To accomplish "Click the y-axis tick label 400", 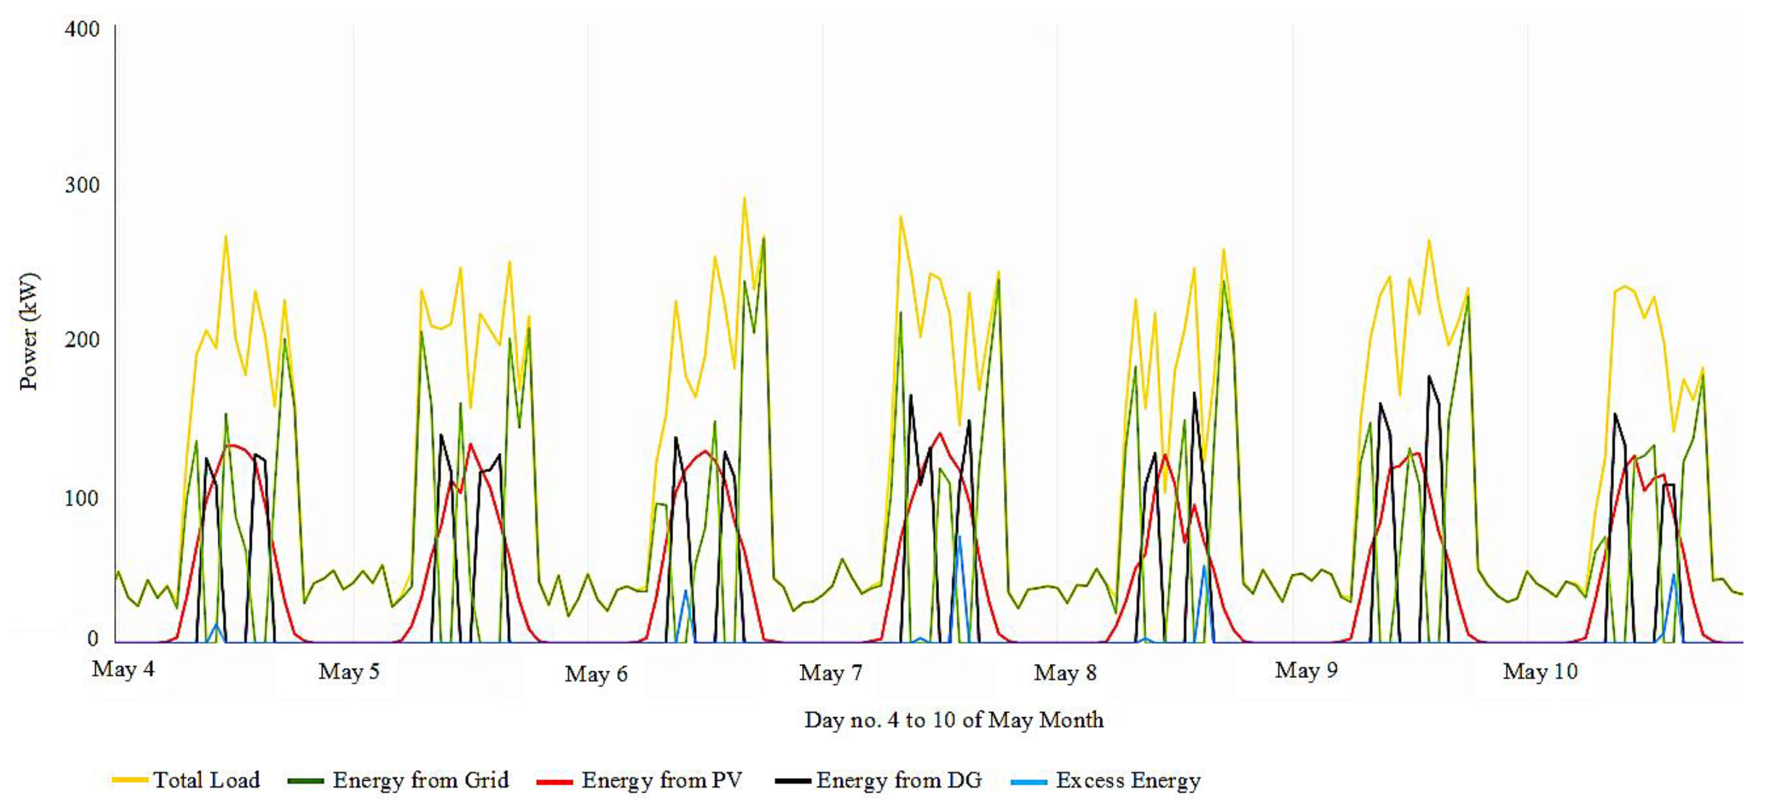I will pos(82,29).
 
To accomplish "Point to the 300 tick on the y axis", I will pos(82,185).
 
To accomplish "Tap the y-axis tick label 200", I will pos(82,340).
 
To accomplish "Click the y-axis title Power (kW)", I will pos(29,332).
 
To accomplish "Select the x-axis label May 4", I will pos(123,669).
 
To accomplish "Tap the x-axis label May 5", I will pos(349,671).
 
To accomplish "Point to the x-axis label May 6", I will pos(596,674).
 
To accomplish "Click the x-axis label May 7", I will pos(831,672).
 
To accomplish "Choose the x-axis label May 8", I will pos(1065,672).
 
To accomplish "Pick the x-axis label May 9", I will pos(1306,670).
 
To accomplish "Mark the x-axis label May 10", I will pos(1540,671).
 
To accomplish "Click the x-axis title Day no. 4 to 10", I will pos(953,720).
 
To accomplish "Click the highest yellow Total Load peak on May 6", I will pos(744,199).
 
